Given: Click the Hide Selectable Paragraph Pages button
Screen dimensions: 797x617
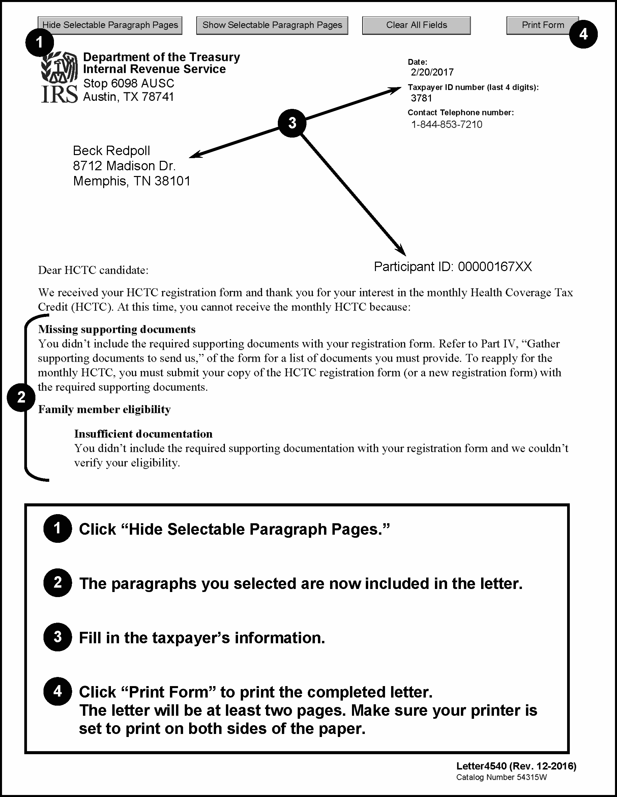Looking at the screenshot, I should tap(110, 25).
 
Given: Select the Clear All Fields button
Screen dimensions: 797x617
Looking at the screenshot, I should tap(416, 25).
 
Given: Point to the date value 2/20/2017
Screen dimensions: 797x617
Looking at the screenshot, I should tap(432, 72).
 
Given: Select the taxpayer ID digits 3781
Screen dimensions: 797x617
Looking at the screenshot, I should tap(421, 98).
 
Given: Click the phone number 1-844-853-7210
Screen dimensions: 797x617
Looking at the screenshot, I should tap(447, 124).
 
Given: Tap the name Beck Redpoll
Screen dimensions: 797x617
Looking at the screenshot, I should tap(111, 151).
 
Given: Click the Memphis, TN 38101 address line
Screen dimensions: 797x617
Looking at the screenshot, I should tap(132, 181).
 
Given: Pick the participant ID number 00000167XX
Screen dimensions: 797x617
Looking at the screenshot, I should tap(495, 267).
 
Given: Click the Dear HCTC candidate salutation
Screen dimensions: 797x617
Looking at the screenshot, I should tap(93, 270).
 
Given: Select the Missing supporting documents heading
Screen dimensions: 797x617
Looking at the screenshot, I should tap(117, 329).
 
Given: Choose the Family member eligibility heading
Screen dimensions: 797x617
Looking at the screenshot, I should tap(105, 409).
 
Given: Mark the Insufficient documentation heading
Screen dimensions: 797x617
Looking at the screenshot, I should tap(143, 434).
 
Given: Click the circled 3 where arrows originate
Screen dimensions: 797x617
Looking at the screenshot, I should tap(292, 123).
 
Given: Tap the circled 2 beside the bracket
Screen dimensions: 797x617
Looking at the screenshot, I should tap(21, 397).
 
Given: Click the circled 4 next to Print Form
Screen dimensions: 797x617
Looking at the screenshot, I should tap(583, 34).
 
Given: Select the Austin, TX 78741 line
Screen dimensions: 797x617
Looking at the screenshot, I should tap(128, 97).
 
